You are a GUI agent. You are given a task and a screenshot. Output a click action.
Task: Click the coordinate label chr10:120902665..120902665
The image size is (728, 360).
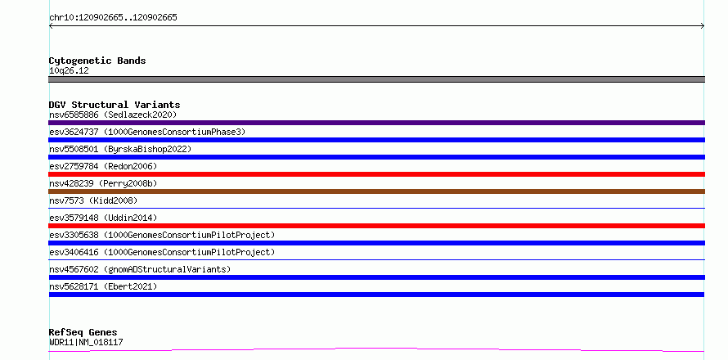click(x=113, y=18)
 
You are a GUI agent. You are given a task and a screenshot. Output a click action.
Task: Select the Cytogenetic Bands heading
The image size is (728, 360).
click(x=97, y=61)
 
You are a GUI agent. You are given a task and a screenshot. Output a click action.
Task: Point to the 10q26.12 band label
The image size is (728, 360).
click(x=69, y=71)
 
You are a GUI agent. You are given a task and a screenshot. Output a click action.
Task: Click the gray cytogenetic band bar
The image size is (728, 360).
click(x=376, y=79)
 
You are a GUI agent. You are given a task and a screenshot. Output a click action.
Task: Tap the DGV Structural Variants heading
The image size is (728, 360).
click(x=115, y=105)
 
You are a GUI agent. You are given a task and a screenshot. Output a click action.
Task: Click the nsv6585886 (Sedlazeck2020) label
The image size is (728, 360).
click(x=113, y=115)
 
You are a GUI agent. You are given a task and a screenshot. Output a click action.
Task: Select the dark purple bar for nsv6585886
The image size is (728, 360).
click(x=376, y=123)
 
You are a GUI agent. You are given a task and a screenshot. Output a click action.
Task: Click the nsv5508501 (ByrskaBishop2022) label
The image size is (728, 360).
click(x=120, y=149)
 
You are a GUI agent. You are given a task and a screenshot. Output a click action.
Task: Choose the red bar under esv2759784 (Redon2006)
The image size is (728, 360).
click(x=376, y=174)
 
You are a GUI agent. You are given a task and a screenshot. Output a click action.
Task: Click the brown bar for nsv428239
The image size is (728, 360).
click(x=376, y=191)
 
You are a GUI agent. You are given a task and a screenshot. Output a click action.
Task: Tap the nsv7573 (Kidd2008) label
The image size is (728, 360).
click(x=93, y=200)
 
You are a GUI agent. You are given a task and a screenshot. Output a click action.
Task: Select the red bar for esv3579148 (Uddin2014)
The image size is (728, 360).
click(x=376, y=226)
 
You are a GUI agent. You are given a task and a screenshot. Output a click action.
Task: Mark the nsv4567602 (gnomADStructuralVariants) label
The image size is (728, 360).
click(x=140, y=269)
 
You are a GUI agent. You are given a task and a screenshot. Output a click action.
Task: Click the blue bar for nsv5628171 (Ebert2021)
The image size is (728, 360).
click(x=376, y=295)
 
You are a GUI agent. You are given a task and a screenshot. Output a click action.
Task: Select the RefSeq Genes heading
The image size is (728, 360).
click(x=83, y=333)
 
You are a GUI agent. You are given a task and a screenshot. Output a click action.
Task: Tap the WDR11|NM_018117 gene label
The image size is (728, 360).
click(x=86, y=343)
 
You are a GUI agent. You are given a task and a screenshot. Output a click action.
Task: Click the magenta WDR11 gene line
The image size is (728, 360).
click(x=376, y=349)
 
